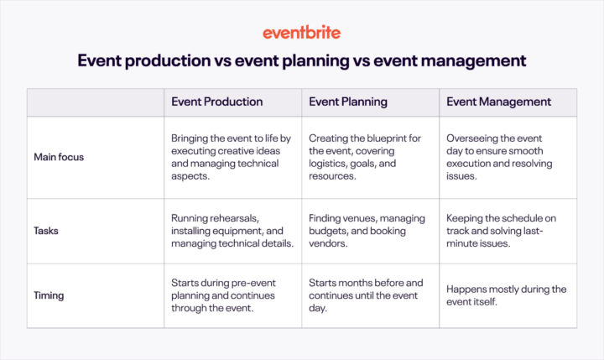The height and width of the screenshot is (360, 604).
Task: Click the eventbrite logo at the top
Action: pyautogui.click(x=301, y=33)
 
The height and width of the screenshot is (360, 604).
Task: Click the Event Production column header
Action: pyautogui.click(x=216, y=102)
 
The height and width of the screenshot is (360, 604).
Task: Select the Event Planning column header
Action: pyautogui.click(x=347, y=102)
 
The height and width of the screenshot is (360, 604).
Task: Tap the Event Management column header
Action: pyautogui.click(x=498, y=102)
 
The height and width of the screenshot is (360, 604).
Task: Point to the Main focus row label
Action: pyautogui.click(x=58, y=156)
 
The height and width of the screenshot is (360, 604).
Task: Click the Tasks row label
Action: pyautogui.click(x=47, y=230)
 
